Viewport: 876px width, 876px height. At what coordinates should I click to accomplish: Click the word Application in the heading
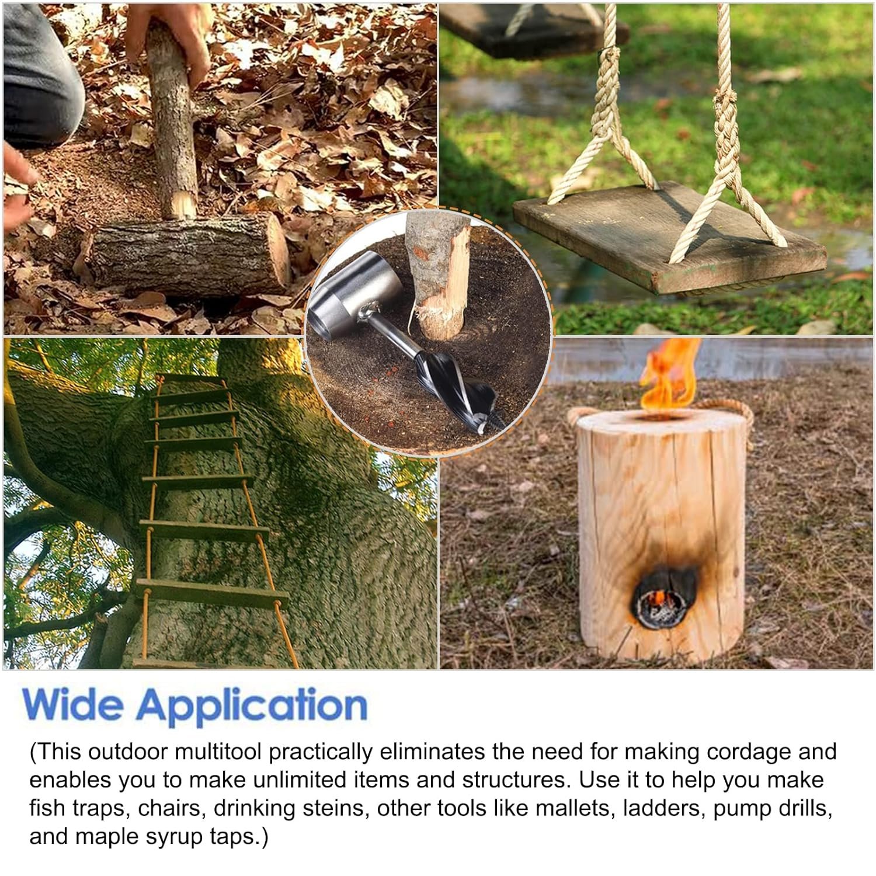pyautogui.click(x=252, y=707)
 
